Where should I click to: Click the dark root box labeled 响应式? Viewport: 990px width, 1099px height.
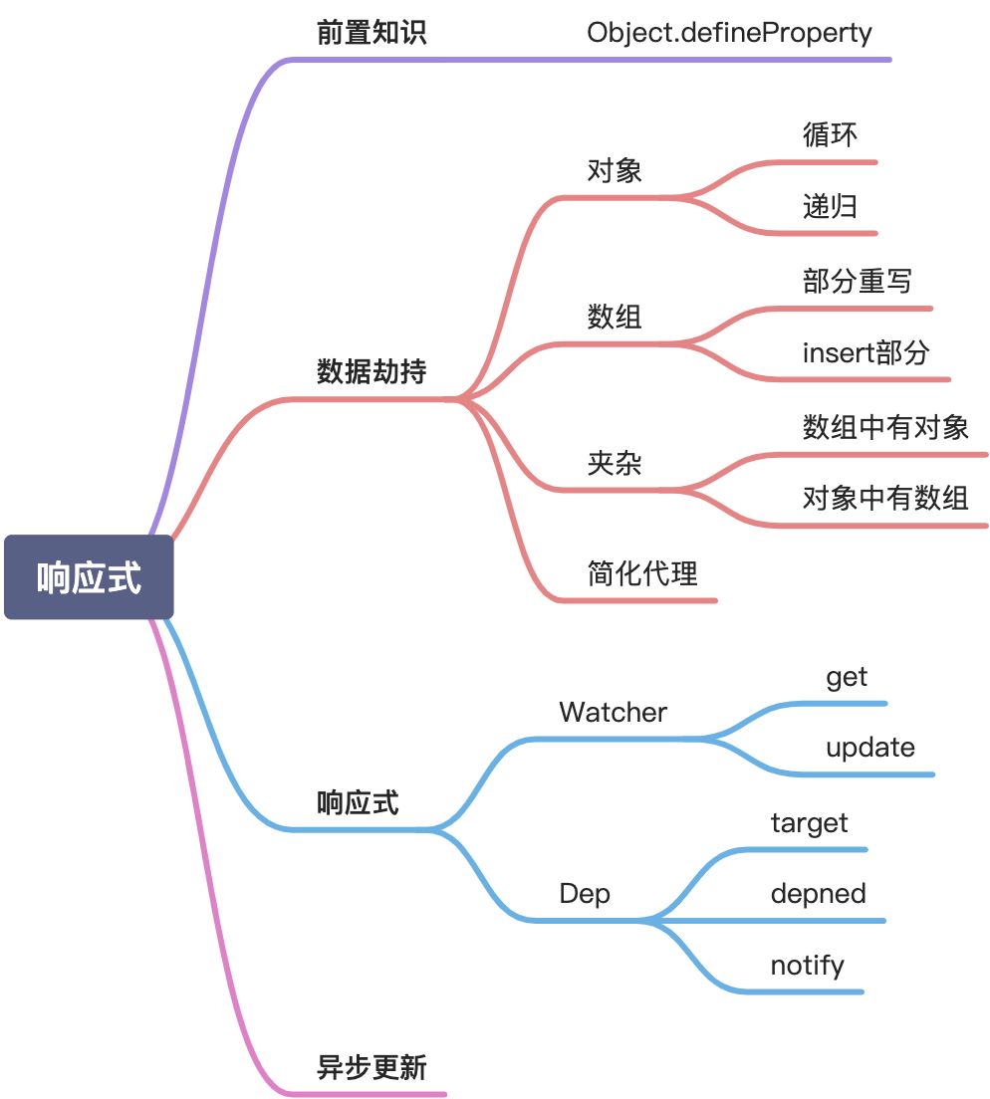point(89,577)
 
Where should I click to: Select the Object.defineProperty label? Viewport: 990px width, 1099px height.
point(729,33)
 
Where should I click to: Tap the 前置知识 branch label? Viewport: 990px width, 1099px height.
point(371,33)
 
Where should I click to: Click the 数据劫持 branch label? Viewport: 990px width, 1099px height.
point(371,372)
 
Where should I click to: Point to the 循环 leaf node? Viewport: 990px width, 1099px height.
point(830,134)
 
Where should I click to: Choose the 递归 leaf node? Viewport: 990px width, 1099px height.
point(830,206)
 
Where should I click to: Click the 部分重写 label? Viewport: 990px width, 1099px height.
point(857,281)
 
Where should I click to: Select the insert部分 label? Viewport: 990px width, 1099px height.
point(866,352)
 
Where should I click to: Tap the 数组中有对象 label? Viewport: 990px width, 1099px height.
point(885,427)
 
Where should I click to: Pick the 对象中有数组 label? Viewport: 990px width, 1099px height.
point(885,498)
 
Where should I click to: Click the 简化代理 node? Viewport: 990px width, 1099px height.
point(642,573)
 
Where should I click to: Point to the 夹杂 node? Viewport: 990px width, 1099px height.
point(615,463)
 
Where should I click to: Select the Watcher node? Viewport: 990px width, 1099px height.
point(613,712)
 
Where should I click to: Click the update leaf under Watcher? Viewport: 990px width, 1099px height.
point(869,748)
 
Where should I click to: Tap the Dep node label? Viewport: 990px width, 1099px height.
point(585,894)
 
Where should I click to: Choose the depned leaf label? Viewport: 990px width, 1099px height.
point(818,894)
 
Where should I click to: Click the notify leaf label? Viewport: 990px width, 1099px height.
point(807,966)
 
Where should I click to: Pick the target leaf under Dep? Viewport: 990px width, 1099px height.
point(809,823)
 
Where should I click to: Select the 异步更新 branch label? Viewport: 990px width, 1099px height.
point(371,1068)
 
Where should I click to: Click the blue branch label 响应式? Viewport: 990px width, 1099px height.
point(358,802)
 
